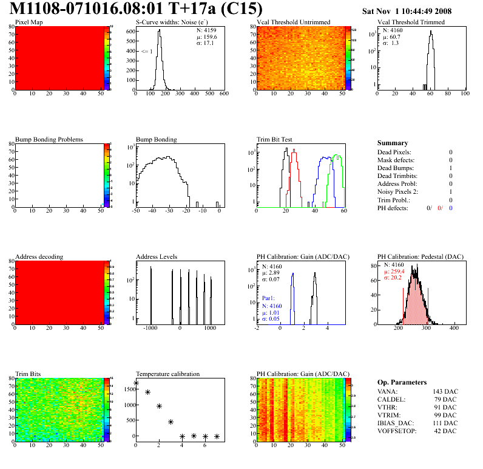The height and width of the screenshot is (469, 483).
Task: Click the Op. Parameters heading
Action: point(402,382)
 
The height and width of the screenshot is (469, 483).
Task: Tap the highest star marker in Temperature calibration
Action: point(136,383)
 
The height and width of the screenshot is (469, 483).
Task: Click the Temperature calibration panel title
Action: point(167,374)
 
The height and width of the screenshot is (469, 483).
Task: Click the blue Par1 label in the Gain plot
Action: point(269,298)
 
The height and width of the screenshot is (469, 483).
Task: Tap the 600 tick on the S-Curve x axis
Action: point(223,94)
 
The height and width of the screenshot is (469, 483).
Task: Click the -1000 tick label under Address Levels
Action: point(150,327)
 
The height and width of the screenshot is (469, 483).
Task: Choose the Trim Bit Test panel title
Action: point(275,140)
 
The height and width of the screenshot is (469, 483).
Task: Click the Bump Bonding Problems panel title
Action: point(49,140)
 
